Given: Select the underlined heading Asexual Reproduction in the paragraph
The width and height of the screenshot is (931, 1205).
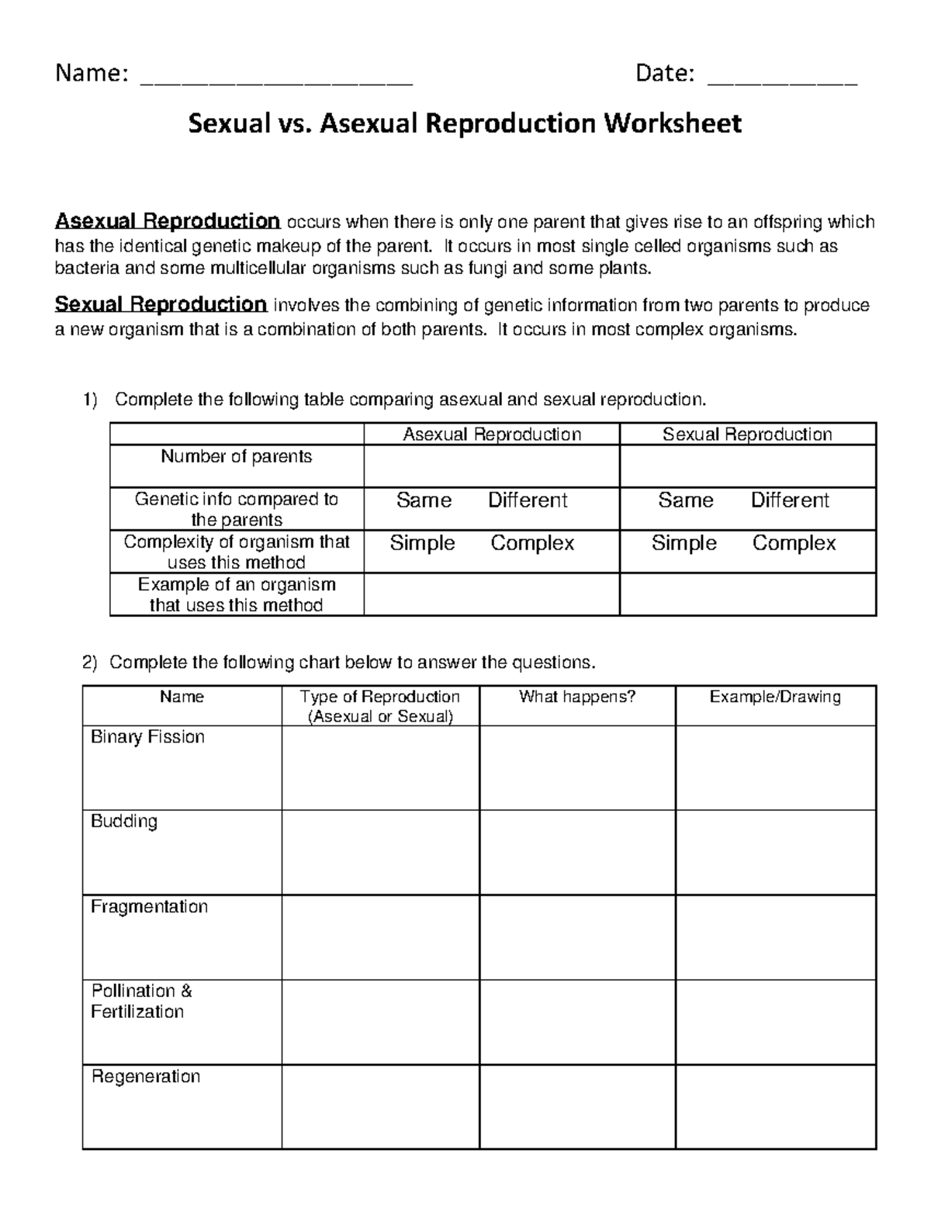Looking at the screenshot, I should point(167,222).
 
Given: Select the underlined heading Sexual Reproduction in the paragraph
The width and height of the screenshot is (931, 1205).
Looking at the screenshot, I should point(161,304).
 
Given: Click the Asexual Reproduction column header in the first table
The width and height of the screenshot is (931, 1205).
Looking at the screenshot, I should point(491,435).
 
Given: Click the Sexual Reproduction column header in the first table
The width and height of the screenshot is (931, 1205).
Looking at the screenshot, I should point(746,435).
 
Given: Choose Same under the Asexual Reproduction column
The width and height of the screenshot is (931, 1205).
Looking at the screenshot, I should point(424,500).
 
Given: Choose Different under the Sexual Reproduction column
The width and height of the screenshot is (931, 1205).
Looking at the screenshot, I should point(789,500).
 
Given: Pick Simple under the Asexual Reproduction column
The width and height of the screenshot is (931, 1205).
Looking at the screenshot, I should point(422,543).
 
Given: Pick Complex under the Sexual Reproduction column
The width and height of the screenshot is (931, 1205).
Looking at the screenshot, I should point(794,543).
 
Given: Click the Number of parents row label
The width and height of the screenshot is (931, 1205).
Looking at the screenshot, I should point(236,456).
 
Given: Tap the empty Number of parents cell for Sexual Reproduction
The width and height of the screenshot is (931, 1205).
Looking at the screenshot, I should point(747,466).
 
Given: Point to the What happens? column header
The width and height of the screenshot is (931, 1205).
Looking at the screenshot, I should point(576,697).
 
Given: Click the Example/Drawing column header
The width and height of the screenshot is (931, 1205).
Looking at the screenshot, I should point(774,697).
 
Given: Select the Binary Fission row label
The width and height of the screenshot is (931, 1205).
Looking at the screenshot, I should point(147,737).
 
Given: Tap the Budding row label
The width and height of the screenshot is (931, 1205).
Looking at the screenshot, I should point(124,822).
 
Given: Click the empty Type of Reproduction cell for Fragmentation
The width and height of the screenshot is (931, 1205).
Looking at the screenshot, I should point(380,937).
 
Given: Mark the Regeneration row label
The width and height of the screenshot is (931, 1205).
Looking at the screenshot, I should point(146,1076).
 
